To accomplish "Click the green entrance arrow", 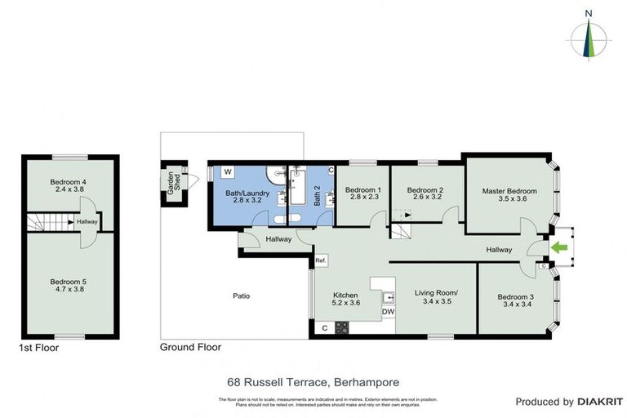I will [559, 247].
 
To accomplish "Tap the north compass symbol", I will [588, 36].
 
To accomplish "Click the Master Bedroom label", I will [505, 191].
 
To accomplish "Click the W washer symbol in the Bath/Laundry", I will [228, 172].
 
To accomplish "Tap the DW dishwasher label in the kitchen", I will [388, 311].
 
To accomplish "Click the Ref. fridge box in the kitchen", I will [321, 260].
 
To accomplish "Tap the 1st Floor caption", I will [40, 347].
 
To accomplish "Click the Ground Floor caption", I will [190, 347].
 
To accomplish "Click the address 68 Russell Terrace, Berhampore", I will [313, 381].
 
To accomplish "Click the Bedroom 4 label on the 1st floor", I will [68, 181].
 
